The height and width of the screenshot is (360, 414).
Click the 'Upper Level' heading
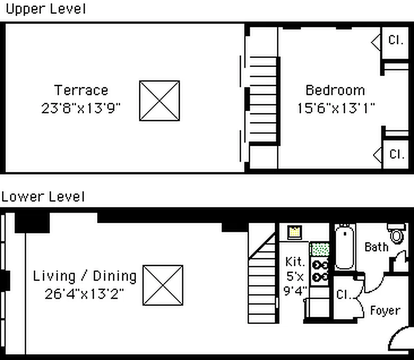[45, 9]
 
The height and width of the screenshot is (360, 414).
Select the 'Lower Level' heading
[43, 197]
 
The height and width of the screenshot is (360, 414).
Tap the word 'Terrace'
[81, 90]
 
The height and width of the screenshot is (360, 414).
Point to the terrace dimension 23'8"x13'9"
[81, 108]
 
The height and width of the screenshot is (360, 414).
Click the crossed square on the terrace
[159, 100]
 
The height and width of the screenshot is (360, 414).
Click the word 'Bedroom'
[335, 90]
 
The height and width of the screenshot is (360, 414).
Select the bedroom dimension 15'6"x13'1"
[335, 108]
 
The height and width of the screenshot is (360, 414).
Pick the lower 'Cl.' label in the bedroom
[396, 154]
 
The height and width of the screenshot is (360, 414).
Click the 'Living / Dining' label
[85, 275]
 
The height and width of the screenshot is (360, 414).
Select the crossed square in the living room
[163, 285]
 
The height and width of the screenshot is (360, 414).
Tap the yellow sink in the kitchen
[294, 232]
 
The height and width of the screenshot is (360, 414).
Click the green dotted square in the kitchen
[320, 249]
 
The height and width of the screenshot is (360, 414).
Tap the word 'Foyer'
[385, 310]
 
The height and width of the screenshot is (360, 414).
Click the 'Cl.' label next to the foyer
[344, 295]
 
